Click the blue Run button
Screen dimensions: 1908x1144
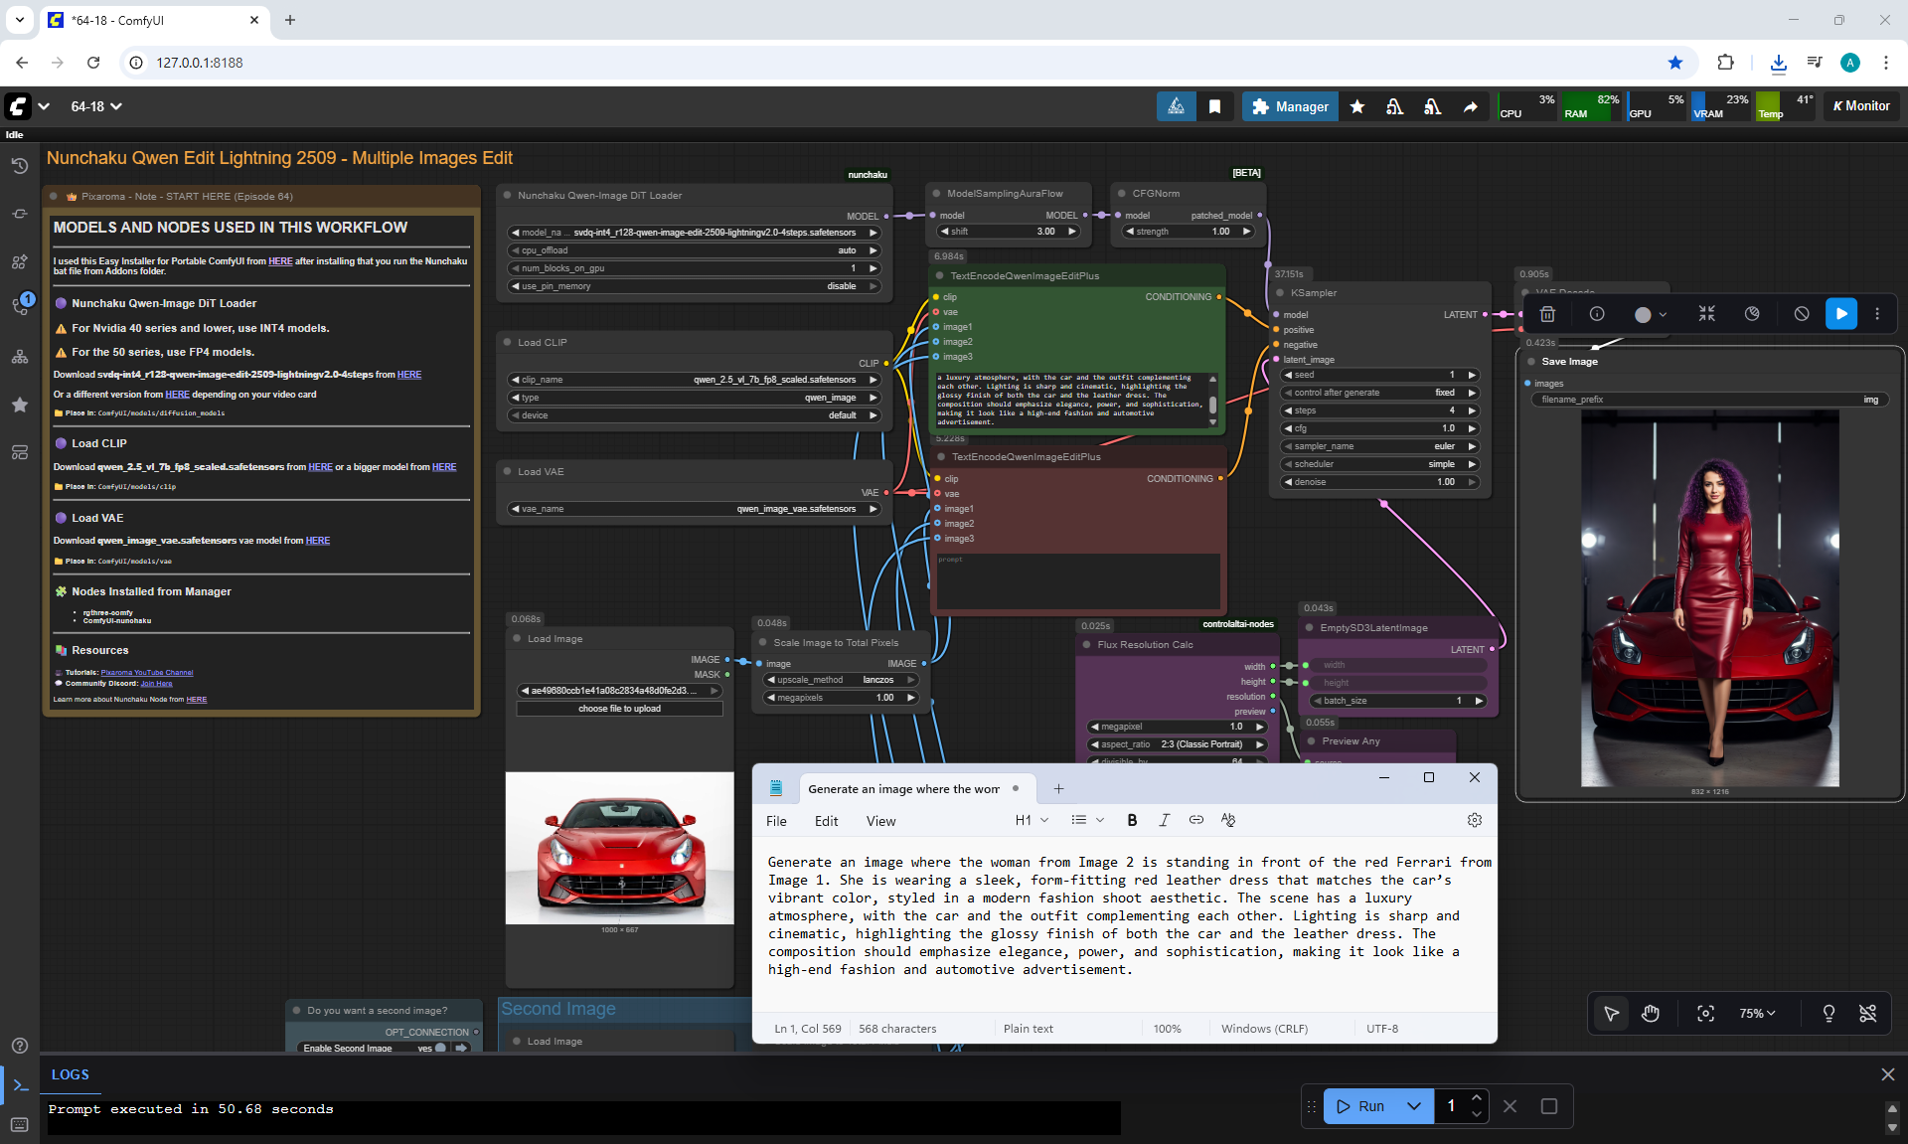point(1360,1106)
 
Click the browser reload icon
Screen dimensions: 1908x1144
point(93,63)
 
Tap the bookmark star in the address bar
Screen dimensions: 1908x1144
point(1675,63)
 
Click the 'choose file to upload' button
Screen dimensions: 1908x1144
point(619,709)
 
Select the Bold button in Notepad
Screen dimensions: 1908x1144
point(1132,820)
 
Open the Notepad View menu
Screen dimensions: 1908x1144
point(880,821)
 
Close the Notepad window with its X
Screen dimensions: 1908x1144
point(1475,777)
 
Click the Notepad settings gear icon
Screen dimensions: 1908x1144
point(1475,820)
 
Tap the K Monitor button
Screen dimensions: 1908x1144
point(1861,106)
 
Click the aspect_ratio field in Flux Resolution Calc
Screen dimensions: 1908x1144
point(1178,744)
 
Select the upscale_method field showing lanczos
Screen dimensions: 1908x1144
point(840,680)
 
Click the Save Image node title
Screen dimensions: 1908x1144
point(1569,362)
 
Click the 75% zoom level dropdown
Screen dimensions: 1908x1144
point(1757,1013)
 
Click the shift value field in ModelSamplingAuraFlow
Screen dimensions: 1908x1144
point(1008,232)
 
